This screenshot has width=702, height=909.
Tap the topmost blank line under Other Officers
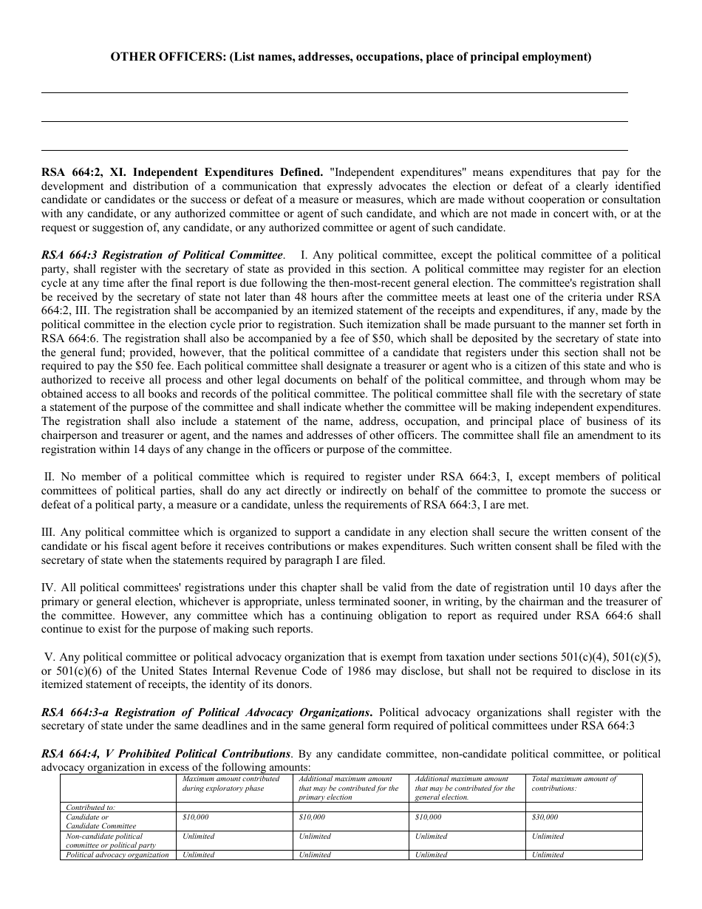tap(334, 92)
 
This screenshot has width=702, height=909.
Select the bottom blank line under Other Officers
tap(334, 150)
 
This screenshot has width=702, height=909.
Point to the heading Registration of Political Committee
tap(163, 255)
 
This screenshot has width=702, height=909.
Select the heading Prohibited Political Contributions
tap(166, 754)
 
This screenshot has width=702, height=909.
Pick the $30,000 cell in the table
tap(545, 817)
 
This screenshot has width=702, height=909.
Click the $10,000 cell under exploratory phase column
tap(196, 817)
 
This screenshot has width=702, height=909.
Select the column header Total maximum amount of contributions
tap(574, 783)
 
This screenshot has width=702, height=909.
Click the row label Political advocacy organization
tap(117, 855)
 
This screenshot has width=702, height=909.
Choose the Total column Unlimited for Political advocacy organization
tap(548, 855)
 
